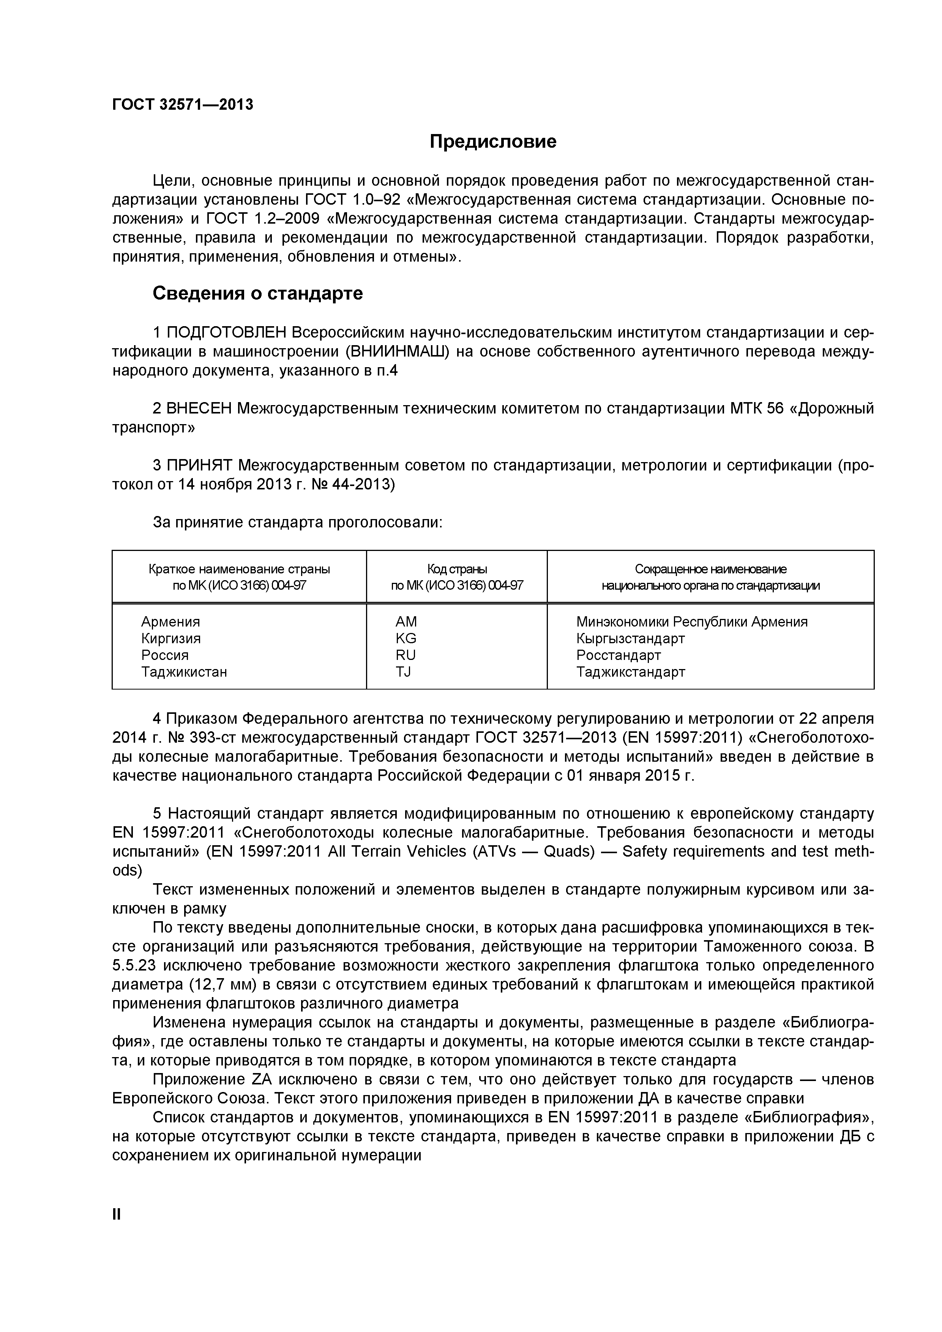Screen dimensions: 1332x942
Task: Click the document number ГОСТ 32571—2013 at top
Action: click(183, 104)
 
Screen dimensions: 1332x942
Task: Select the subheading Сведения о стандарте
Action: click(257, 294)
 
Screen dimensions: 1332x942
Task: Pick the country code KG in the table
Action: click(406, 639)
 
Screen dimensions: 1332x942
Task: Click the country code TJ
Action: click(403, 672)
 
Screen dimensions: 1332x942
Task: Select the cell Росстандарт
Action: click(619, 655)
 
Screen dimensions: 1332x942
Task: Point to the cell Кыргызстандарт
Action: click(631, 639)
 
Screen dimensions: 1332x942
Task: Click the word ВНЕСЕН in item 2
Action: click(199, 409)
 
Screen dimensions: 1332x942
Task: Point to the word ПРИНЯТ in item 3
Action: click(200, 465)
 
